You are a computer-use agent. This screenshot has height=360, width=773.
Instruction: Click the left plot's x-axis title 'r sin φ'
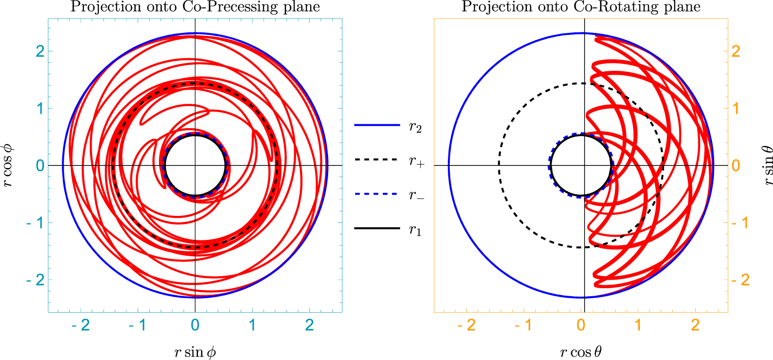coord(195,352)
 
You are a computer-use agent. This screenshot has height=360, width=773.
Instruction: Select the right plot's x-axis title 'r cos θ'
coord(581,352)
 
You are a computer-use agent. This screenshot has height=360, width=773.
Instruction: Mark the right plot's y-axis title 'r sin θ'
coord(766,166)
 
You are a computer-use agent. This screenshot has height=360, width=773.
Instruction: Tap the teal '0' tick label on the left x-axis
coord(195,325)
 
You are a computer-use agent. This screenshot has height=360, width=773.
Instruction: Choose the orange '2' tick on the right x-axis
coord(696,325)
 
